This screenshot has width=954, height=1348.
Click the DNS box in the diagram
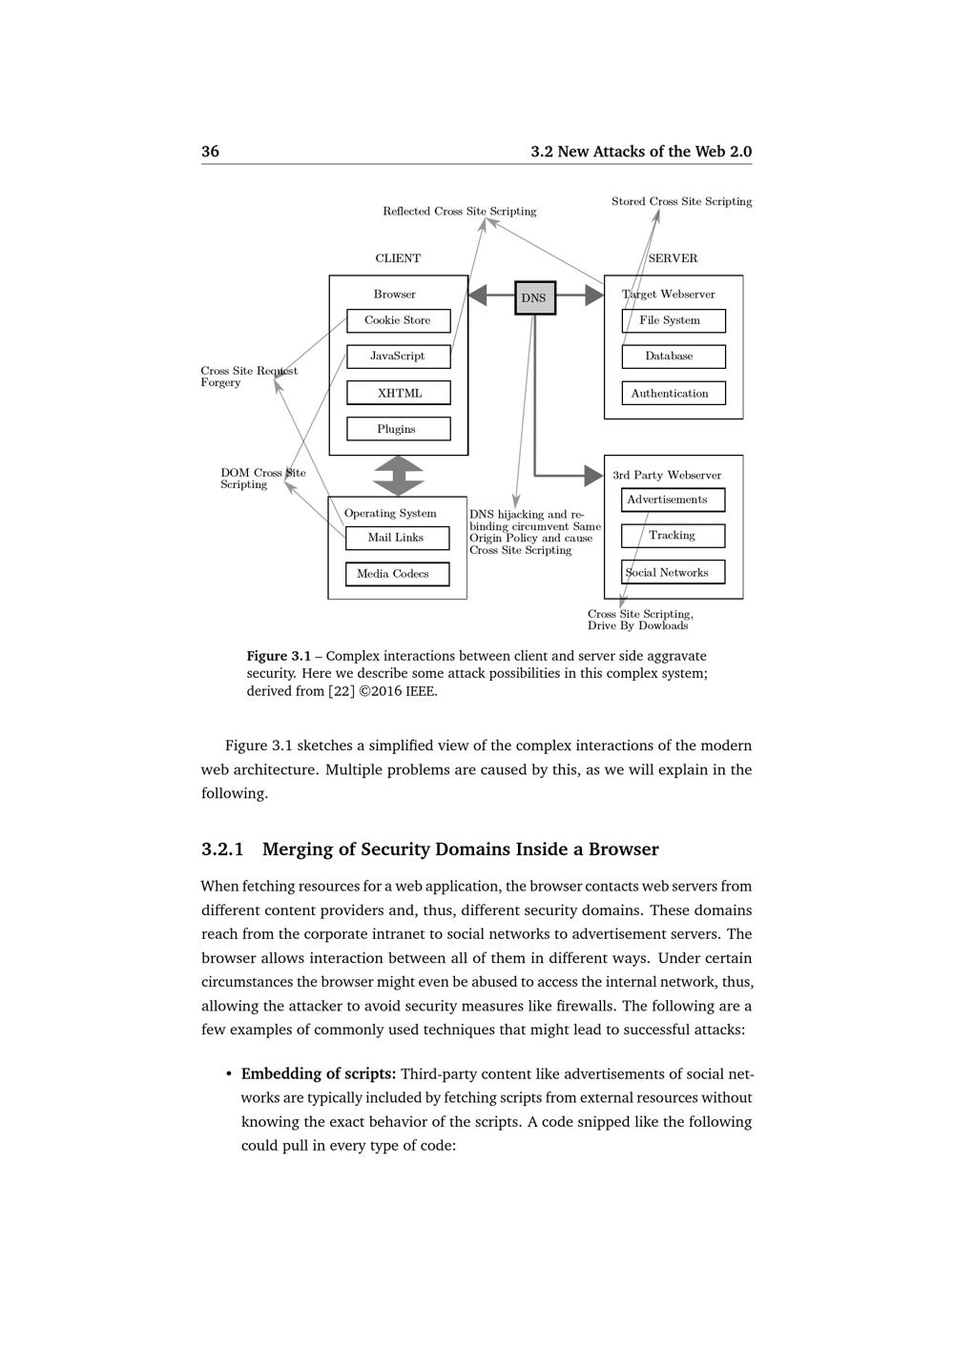click(x=534, y=297)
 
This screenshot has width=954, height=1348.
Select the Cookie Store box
click(x=398, y=320)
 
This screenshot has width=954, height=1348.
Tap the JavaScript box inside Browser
click(x=398, y=357)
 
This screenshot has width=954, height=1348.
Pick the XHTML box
click(x=398, y=393)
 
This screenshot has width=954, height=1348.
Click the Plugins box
click(x=398, y=429)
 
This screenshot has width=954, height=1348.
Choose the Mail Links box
click(x=397, y=538)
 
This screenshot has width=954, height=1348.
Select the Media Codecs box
click(x=397, y=574)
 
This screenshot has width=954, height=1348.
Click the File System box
click(x=673, y=320)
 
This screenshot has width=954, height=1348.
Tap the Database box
click(x=673, y=357)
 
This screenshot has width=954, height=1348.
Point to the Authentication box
click(x=673, y=393)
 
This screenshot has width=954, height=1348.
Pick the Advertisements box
click(x=673, y=500)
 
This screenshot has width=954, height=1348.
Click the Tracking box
click(x=673, y=536)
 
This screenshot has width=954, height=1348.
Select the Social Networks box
click(x=673, y=572)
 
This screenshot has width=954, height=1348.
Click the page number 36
click(x=210, y=152)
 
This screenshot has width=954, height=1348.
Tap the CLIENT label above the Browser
click(x=398, y=258)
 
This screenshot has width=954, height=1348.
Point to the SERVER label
click(x=673, y=258)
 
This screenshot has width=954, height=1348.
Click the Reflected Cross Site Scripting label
click(x=459, y=212)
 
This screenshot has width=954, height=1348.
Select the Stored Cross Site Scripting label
click(x=681, y=201)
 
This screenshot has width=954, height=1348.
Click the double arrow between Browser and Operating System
click(x=398, y=476)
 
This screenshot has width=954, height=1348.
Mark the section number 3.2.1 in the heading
click(x=222, y=849)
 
